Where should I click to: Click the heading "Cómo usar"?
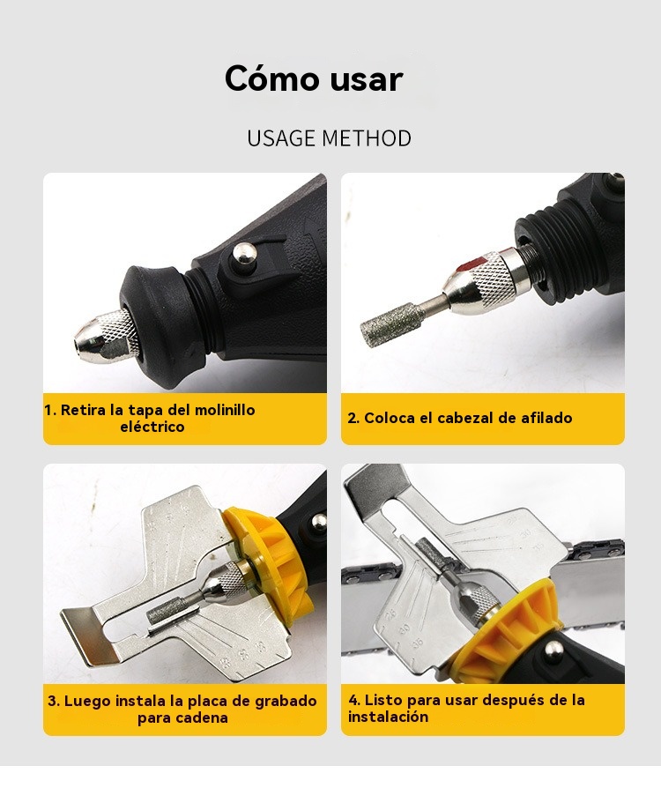pos(314,78)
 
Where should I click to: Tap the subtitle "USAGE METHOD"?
pos(330,138)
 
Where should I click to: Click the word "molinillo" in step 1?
pos(225,410)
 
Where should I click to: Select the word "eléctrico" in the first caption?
pos(152,427)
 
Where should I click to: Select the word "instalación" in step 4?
pos(388,717)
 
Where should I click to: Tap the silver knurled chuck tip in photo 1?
pos(105,336)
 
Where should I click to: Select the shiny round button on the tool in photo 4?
pos(553,650)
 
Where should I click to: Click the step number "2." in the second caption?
pos(353,418)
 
